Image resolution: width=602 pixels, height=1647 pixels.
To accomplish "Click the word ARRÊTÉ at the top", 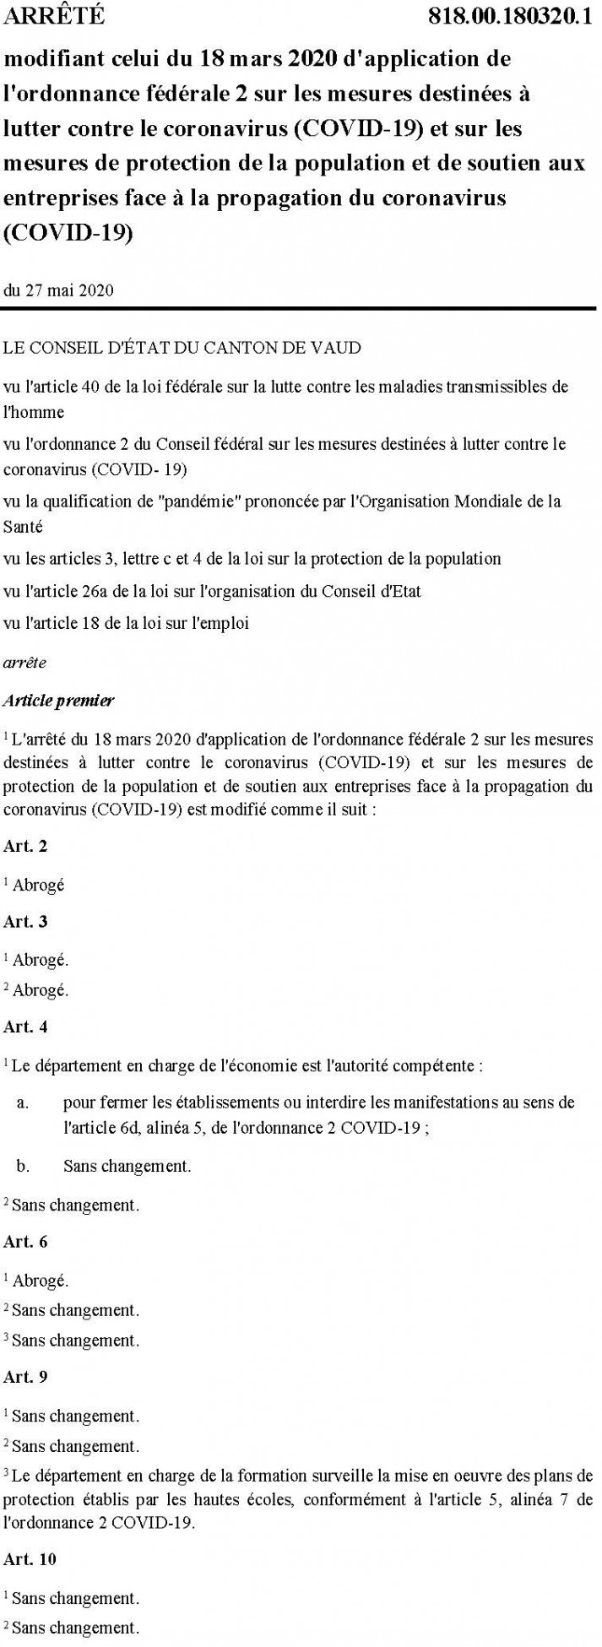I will (x=54, y=16).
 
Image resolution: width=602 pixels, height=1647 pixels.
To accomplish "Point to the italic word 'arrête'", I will (x=25, y=662).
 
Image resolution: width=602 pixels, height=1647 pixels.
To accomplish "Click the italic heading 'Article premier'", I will (x=58, y=700).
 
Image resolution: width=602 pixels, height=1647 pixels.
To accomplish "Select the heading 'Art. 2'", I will (x=25, y=846).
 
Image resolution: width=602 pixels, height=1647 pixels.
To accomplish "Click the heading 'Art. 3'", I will (x=25, y=921).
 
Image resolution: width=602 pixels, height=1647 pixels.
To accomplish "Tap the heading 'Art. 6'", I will (x=25, y=1242).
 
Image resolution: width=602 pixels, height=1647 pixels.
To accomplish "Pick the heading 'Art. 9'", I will (x=25, y=1376).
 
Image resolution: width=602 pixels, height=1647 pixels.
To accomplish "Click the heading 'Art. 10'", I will (x=30, y=1558).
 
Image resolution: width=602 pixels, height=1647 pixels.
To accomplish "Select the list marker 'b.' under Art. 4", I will (x=24, y=1166).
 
